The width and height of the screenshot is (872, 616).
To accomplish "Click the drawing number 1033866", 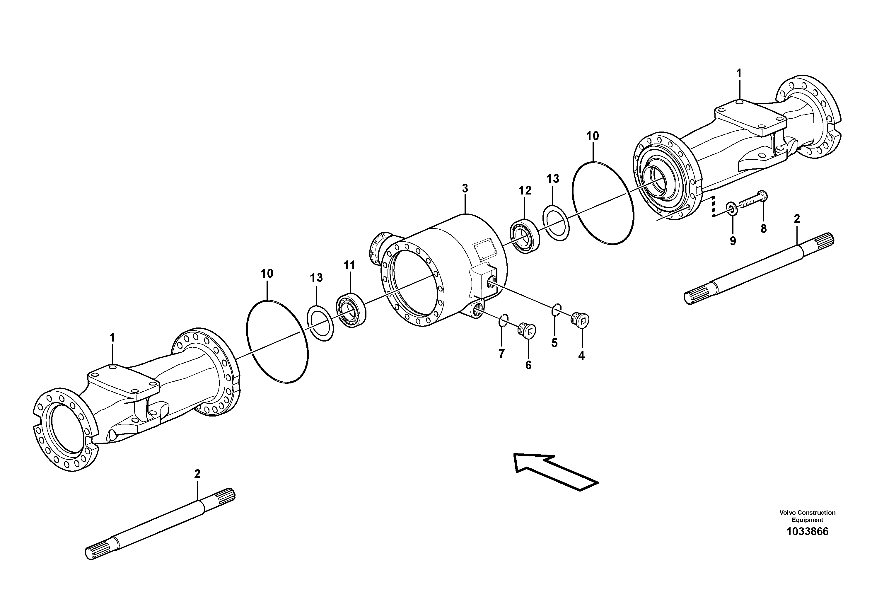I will [807, 531].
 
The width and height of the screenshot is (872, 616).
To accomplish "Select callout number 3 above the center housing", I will [465, 188].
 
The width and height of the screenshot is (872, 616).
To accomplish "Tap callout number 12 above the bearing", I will [525, 191].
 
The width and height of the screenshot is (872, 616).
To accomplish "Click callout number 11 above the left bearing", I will [349, 265].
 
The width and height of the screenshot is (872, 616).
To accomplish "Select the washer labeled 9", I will [730, 208].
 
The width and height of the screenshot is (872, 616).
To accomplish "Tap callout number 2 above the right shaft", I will [797, 219].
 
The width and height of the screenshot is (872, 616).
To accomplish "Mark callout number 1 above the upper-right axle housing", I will [739, 73].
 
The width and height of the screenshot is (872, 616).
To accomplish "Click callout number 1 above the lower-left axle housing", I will [112, 337].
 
